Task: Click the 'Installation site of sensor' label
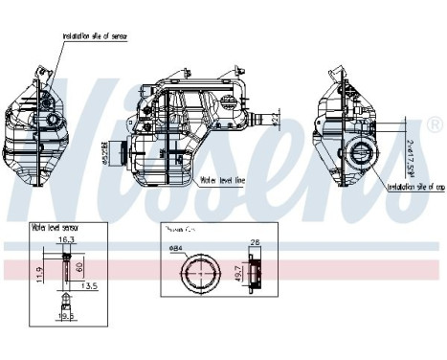[97, 35]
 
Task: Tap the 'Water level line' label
[223, 179]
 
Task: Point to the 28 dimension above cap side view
[256, 243]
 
